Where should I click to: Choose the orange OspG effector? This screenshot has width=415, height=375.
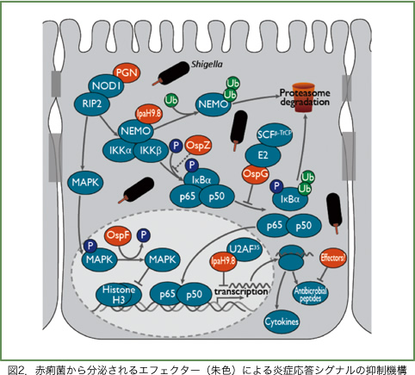coord(255,175)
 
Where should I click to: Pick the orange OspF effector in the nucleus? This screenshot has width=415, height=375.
coord(117,236)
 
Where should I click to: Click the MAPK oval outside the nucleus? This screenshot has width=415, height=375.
coord(86,182)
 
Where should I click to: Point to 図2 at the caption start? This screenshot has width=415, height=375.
coord(15,368)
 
